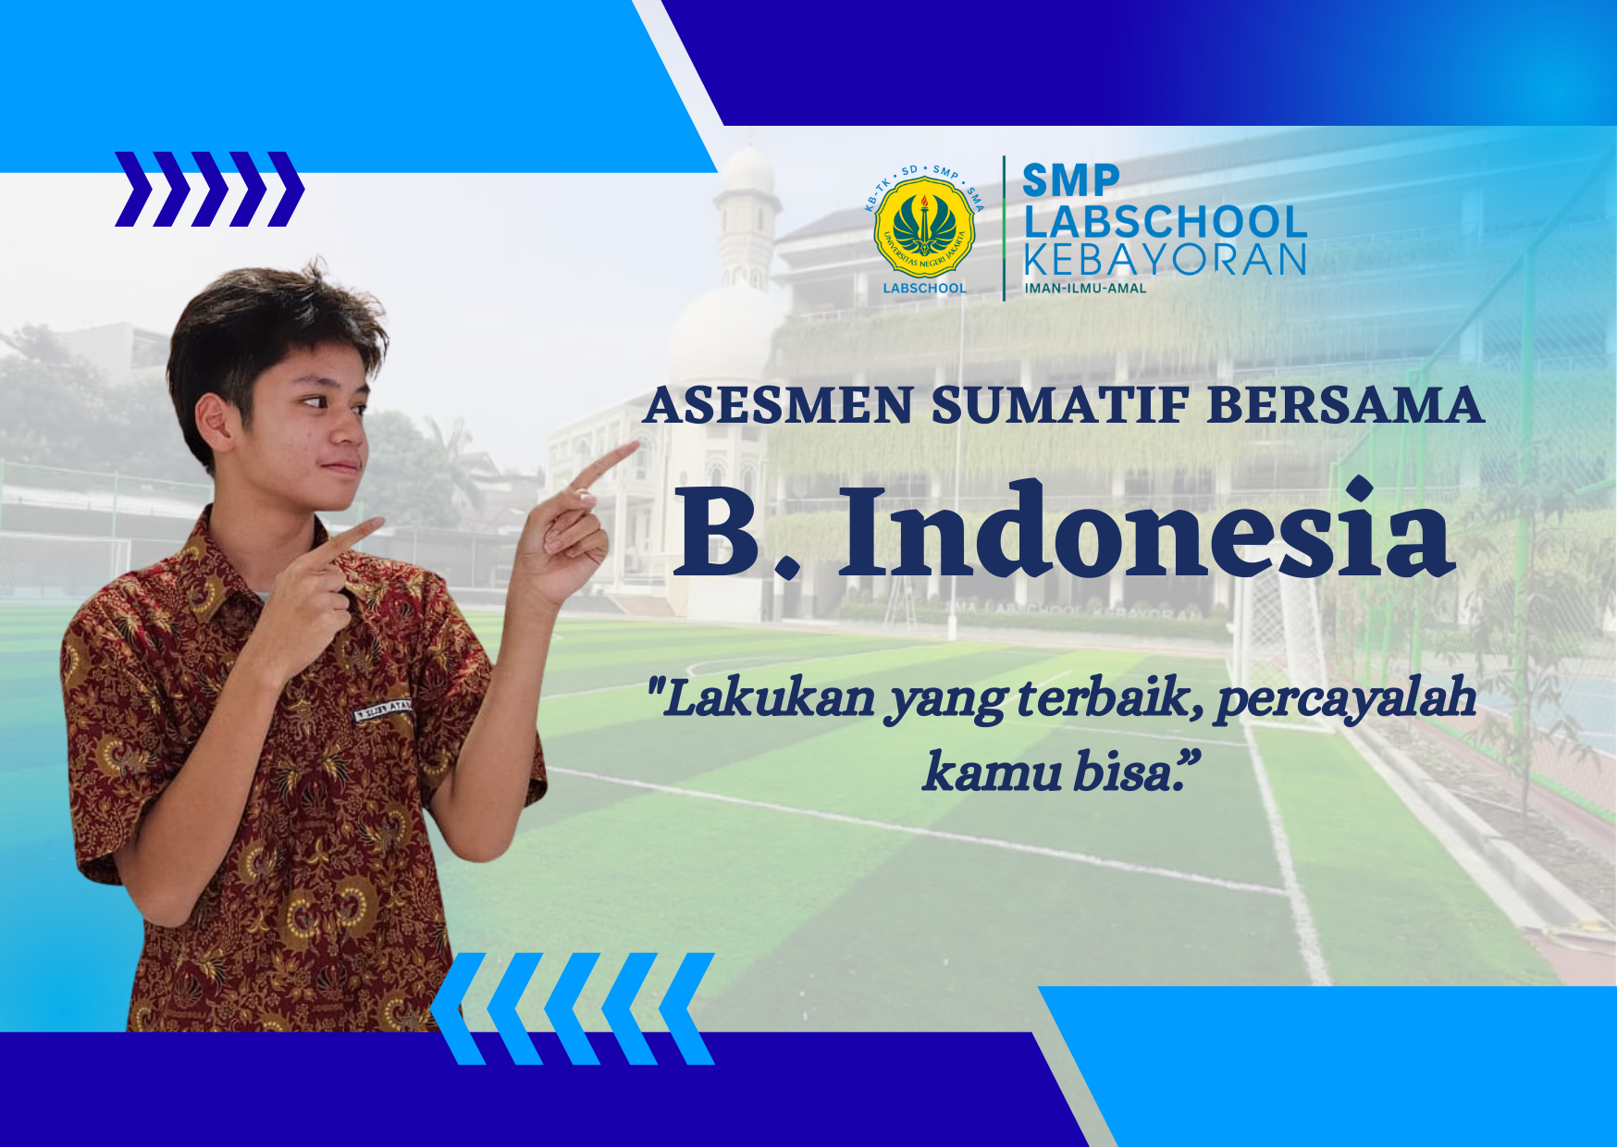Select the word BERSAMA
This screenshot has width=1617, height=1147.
click(x=1346, y=406)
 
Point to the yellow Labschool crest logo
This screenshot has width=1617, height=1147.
click(x=924, y=228)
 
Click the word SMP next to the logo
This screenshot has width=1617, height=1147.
click(x=1070, y=179)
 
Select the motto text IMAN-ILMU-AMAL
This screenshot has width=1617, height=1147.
click(x=1085, y=289)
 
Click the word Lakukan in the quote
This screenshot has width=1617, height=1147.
click(x=768, y=698)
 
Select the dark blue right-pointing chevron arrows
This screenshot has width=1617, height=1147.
click(x=209, y=189)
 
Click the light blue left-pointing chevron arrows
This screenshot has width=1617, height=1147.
click(x=574, y=1008)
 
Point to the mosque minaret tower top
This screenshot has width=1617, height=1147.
click(x=747, y=176)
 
